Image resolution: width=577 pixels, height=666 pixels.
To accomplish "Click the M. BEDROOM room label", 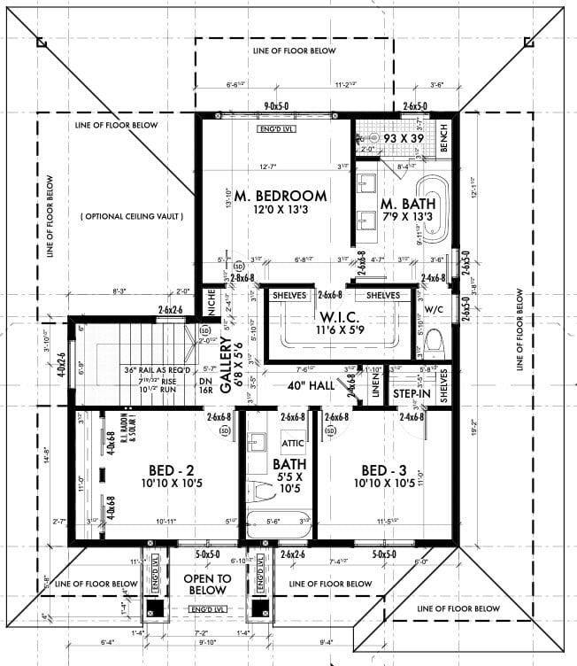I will pyautogui.click(x=275, y=195).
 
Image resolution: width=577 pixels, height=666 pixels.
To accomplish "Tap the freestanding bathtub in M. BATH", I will pyautogui.click(x=435, y=209).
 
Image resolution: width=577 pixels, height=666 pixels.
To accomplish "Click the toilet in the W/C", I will pyautogui.click(x=434, y=341).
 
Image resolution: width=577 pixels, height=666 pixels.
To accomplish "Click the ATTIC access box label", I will pyautogui.click(x=293, y=442).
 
